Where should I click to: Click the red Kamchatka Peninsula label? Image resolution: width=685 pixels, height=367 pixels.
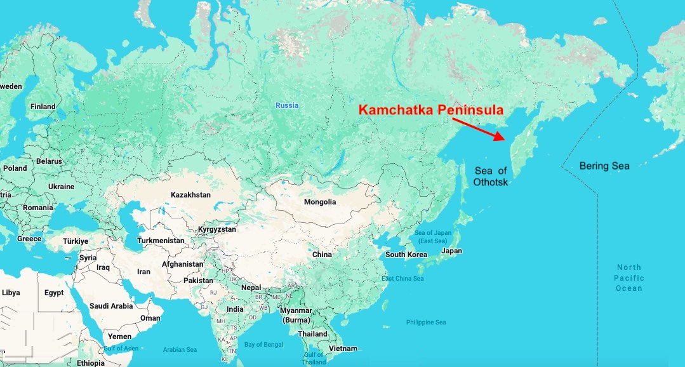[x=431, y=110]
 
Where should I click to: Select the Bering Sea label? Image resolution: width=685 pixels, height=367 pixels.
[x=604, y=166]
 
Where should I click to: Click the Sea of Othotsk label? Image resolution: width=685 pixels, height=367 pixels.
[x=490, y=176]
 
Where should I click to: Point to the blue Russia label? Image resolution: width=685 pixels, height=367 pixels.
[x=286, y=105]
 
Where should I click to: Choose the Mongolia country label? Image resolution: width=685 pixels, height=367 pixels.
[x=320, y=202]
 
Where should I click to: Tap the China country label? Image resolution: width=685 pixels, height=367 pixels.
[x=322, y=255]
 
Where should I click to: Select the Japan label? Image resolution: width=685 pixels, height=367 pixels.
[x=451, y=251]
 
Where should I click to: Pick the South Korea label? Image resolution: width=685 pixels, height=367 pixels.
[x=406, y=255]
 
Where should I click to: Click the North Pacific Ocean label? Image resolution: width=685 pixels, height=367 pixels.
[x=628, y=277]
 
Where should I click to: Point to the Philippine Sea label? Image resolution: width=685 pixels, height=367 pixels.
[x=426, y=323]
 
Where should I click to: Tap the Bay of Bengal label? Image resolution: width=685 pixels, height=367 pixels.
[x=263, y=345]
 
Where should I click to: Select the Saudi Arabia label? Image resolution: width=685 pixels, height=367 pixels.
[x=111, y=305]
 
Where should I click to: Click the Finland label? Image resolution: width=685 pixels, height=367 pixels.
[x=43, y=107]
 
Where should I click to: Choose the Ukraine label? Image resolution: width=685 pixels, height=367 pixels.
[x=62, y=187]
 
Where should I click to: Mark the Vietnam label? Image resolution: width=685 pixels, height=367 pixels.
[x=343, y=349]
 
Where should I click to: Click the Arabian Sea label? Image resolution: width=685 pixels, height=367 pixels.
[x=180, y=350]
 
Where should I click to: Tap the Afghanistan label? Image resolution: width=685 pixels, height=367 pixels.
[x=183, y=264]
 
